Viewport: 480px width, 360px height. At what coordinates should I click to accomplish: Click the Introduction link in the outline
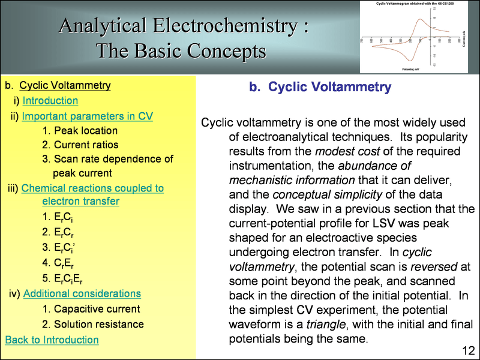50,101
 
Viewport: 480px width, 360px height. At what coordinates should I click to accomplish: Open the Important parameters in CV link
87,116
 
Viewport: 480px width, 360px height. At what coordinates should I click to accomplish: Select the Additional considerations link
82,293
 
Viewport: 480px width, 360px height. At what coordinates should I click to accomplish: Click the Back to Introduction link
52,340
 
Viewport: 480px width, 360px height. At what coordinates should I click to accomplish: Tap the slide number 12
469,350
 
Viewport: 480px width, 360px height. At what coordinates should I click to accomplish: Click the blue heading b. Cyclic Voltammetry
320,88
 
